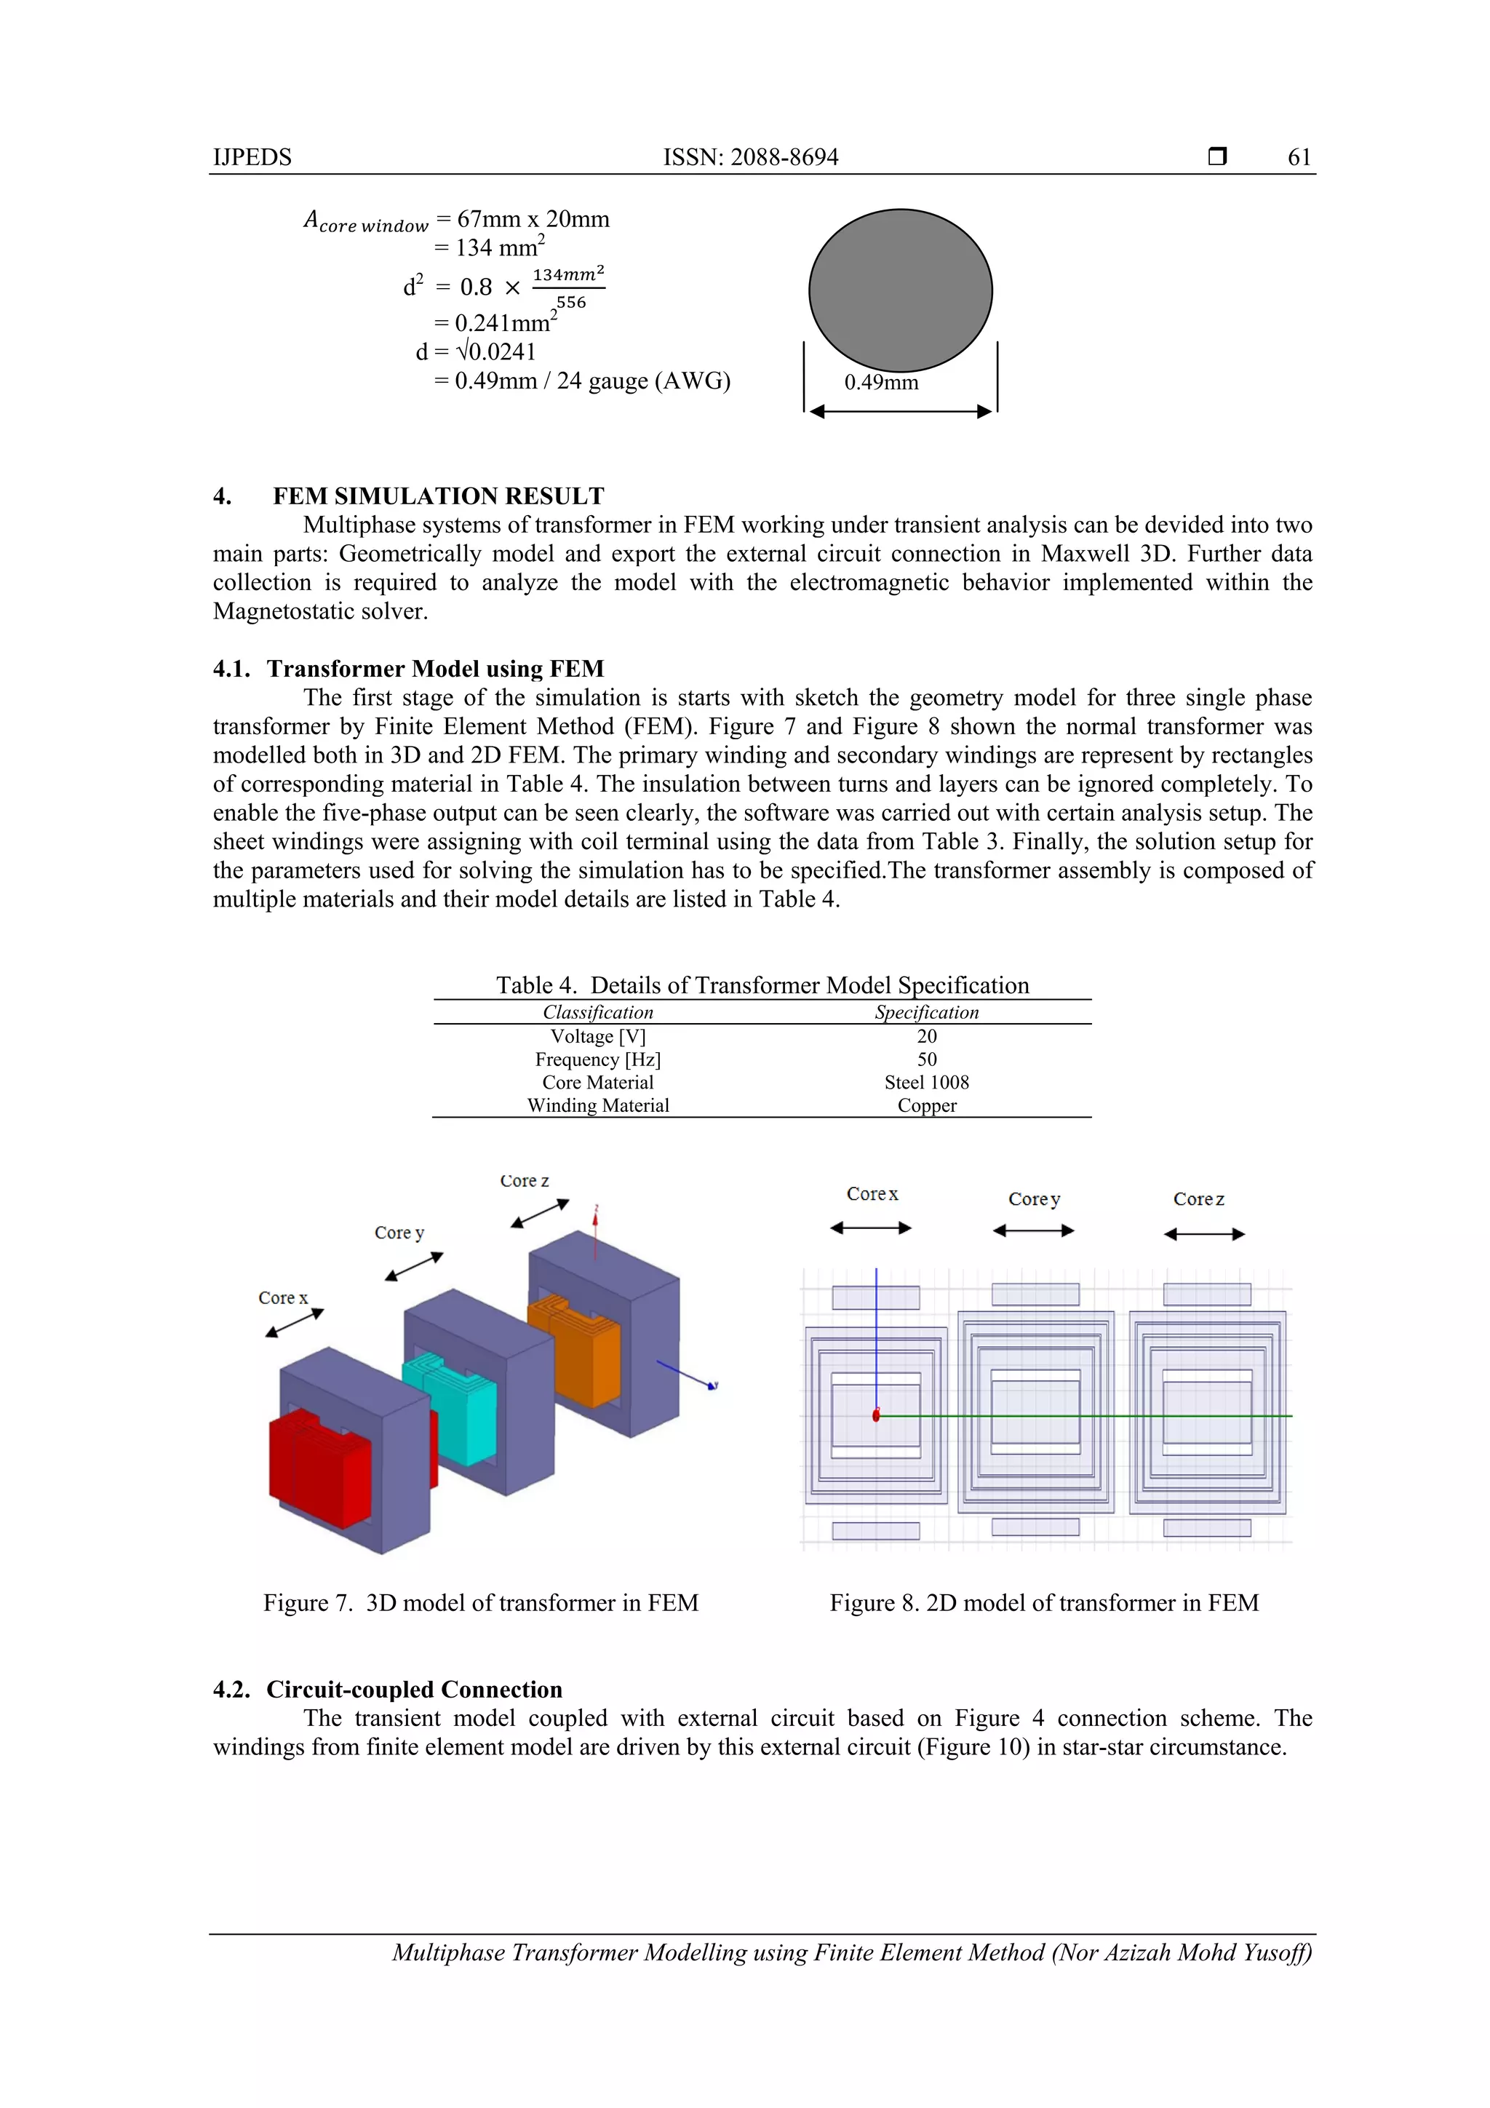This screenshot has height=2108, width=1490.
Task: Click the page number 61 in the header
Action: point(1298,157)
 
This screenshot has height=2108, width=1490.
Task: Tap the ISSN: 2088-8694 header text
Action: point(750,157)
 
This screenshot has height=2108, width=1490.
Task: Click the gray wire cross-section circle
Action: point(900,290)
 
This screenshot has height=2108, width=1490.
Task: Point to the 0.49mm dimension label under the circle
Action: point(880,383)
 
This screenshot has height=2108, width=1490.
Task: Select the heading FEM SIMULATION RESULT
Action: point(438,497)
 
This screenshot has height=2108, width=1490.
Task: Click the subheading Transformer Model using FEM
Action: point(435,669)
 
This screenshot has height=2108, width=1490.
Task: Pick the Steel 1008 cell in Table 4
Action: point(926,1083)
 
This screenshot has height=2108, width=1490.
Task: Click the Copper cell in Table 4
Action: point(926,1105)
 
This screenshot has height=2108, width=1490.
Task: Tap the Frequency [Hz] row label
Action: point(597,1059)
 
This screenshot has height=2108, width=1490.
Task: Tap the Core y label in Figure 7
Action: point(399,1233)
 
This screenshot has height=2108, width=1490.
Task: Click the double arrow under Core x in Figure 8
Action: point(870,1228)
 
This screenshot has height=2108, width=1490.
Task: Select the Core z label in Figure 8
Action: point(1198,1199)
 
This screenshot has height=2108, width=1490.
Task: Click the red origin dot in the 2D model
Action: point(876,1416)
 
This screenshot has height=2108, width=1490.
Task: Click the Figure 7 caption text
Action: point(480,1603)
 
